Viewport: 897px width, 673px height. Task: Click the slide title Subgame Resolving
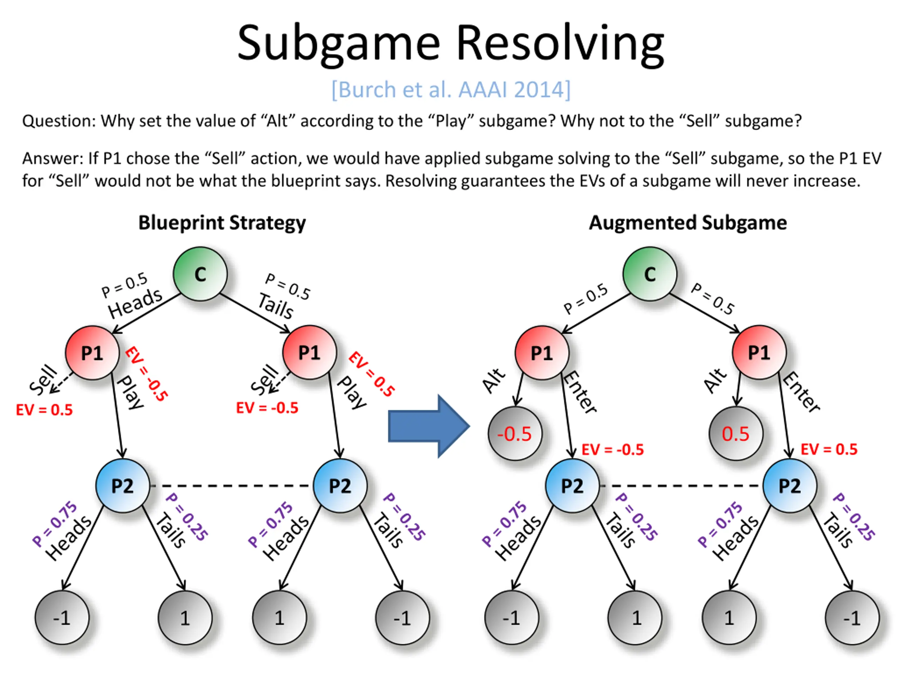[x=451, y=44]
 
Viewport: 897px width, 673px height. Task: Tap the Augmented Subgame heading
[x=688, y=223]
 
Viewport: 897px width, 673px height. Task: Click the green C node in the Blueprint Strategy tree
[x=200, y=274]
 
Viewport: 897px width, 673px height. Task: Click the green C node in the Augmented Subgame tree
[x=650, y=274]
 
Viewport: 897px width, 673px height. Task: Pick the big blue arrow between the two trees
[x=429, y=426]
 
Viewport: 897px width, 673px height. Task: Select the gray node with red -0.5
[x=515, y=433]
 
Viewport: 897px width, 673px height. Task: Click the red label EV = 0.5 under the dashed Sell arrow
[x=44, y=410]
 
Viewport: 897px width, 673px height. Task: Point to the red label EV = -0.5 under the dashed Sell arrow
[x=267, y=408]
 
